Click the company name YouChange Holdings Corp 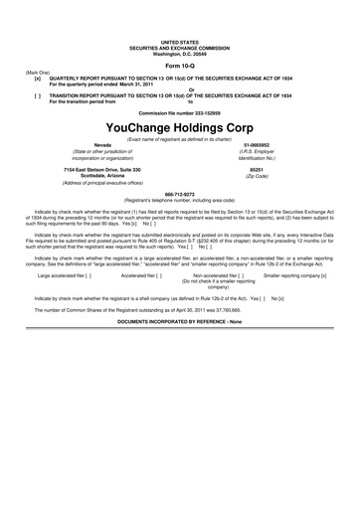click(x=179, y=128)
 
